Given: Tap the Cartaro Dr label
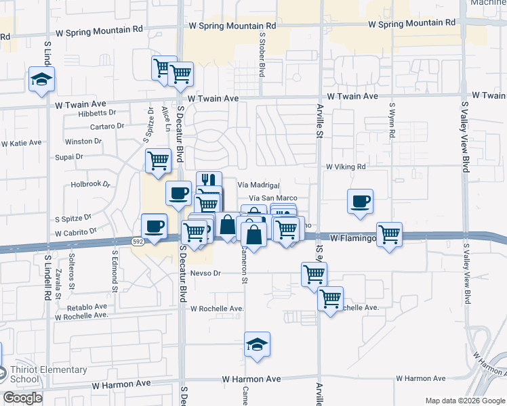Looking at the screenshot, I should click(x=107, y=126).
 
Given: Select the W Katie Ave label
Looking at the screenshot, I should click(x=21, y=143).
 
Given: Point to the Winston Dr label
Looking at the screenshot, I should click(x=83, y=142).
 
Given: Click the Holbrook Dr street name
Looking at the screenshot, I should click(x=90, y=184).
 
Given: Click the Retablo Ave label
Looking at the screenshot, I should click(x=83, y=307).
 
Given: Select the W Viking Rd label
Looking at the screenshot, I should click(x=346, y=166).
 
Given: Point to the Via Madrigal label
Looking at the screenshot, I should click(x=258, y=185).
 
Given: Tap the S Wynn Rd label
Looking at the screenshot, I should click(x=392, y=120).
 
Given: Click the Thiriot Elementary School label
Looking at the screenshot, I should click(x=48, y=374).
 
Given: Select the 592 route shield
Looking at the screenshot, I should click(x=138, y=241).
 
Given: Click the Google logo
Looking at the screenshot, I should click(x=22, y=398).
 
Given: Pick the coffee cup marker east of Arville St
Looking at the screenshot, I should click(x=360, y=200).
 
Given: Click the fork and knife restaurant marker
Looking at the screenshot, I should click(x=209, y=181).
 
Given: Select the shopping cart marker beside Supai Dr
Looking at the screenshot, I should click(x=158, y=161).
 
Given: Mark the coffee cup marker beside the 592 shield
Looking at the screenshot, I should click(x=154, y=226).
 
